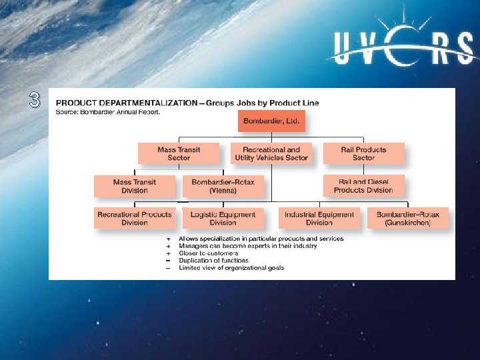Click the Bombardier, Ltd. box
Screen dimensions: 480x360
click(271, 121)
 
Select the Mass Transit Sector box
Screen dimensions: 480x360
click(179, 153)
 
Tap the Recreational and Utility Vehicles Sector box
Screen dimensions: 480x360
click(271, 153)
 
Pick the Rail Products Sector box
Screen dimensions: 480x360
click(363, 153)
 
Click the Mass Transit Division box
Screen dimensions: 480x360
click(135, 186)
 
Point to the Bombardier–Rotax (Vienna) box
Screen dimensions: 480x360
click(223, 186)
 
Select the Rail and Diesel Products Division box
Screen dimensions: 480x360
click(363, 186)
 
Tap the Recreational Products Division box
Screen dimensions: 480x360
click(135, 218)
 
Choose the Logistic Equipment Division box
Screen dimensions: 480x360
click(223, 218)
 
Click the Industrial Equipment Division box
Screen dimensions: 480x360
click(319, 218)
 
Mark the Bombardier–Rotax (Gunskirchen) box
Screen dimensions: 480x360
click(408, 218)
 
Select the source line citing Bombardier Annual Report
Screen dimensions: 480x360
click(108, 111)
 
